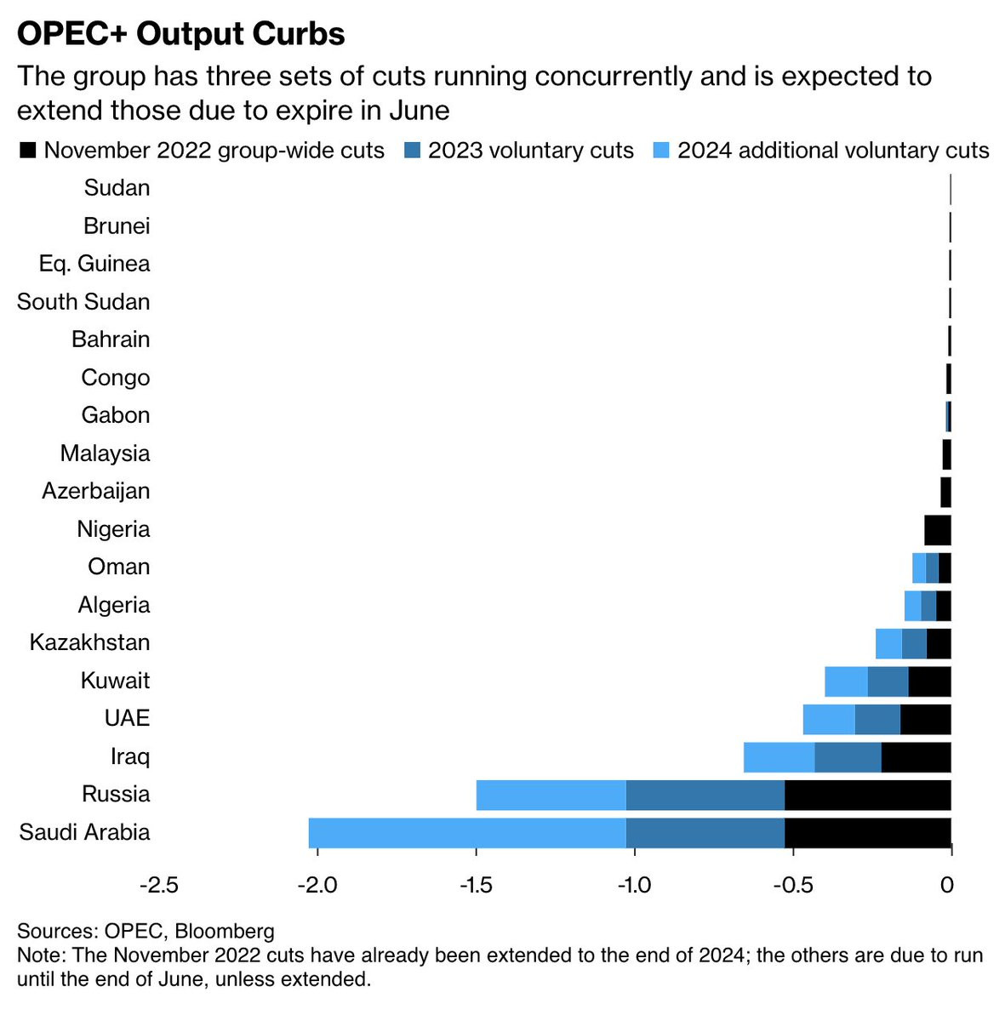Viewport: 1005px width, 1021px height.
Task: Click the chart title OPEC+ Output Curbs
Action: coord(180,34)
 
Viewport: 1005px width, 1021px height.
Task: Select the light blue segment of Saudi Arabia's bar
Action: coord(467,833)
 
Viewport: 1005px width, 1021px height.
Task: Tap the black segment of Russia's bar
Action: coord(868,795)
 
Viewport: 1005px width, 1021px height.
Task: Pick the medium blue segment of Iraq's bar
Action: coord(848,757)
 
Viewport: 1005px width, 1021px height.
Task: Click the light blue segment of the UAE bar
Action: coord(829,719)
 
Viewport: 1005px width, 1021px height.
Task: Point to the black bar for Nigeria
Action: coord(938,530)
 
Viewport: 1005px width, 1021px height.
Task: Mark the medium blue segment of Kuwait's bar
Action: coord(888,682)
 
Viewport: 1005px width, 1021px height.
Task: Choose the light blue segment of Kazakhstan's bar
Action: coord(888,643)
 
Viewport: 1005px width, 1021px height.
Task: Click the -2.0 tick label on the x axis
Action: coord(317,885)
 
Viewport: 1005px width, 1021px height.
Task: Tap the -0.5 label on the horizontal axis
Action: coord(793,885)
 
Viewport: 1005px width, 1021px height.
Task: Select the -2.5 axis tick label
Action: coord(159,885)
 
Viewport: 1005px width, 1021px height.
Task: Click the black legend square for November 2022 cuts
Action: coord(27,151)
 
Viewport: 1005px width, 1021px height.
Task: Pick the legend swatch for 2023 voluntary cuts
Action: coord(412,151)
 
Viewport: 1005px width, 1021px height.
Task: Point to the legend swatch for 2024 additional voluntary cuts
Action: coord(661,151)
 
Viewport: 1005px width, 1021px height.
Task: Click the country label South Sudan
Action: coord(83,302)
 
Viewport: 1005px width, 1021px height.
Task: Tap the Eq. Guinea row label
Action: coord(94,264)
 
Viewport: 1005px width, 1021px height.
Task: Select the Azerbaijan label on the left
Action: coord(96,492)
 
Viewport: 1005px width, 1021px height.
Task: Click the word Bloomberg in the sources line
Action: coord(225,931)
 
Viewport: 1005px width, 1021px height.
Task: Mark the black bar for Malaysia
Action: coord(946,454)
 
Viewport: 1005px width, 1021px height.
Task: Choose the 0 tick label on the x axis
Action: coord(946,885)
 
